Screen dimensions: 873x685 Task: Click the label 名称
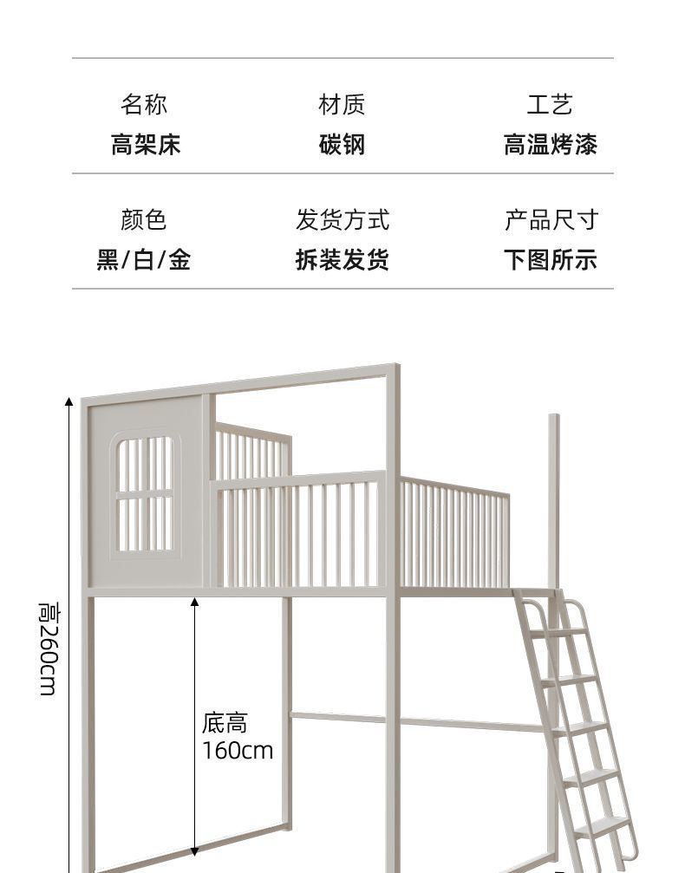click(144, 105)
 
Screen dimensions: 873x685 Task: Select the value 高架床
click(145, 145)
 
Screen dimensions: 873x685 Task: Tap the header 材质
click(342, 105)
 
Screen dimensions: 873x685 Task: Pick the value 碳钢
click(342, 145)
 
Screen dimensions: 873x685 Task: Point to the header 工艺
click(550, 105)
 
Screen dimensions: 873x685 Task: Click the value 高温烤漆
click(550, 145)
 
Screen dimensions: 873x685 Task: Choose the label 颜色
click(144, 220)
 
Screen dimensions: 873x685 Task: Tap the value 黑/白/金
click(144, 260)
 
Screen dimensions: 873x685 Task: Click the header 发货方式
click(342, 220)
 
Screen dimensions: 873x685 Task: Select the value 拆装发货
click(342, 260)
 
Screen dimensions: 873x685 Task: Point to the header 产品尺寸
click(551, 220)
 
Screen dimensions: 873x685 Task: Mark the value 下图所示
click(551, 260)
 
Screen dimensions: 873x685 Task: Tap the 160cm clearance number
click(238, 750)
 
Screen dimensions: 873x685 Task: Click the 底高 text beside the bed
click(225, 722)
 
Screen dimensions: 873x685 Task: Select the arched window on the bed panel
click(145, 494)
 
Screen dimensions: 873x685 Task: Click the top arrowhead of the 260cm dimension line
click(69, 401)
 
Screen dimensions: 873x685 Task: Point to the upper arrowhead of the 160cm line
click(194, 602)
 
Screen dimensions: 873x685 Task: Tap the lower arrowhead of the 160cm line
click(194, 852)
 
